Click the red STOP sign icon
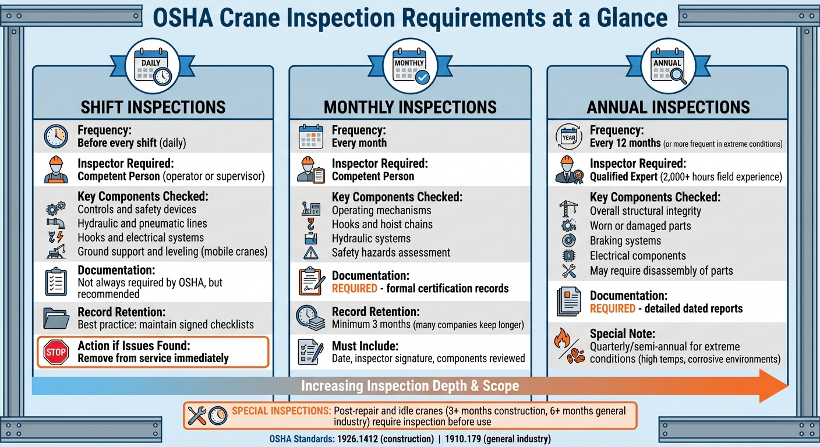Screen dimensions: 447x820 pos(56,353)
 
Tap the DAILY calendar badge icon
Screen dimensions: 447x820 pos(152,66)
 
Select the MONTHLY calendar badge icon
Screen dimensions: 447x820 pos(410,66)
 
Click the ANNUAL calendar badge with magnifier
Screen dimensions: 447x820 pos(667,66)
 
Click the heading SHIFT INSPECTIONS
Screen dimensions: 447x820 pos(153,107)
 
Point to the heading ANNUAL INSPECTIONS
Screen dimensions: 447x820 pos(668,107)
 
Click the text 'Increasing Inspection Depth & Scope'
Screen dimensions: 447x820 pos(409,386)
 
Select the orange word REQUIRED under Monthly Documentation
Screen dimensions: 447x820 pos(355,289)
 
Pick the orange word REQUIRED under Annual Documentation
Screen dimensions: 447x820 pos(613,308)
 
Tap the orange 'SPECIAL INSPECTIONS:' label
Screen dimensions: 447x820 pos(281,411)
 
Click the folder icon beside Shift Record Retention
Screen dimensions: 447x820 pos(56,318)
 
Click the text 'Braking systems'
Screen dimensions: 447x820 pos(625,241)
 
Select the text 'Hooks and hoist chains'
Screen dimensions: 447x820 pos(382,224)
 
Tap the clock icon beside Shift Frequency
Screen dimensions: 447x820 pos(56,137)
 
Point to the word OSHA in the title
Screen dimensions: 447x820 pos(183,17)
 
